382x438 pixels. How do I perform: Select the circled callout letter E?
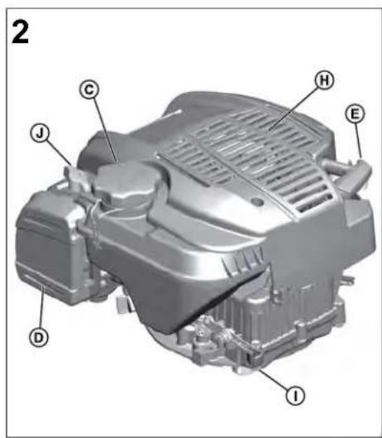coord(356,113)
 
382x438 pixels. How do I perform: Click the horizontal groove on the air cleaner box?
coord(37,277)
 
